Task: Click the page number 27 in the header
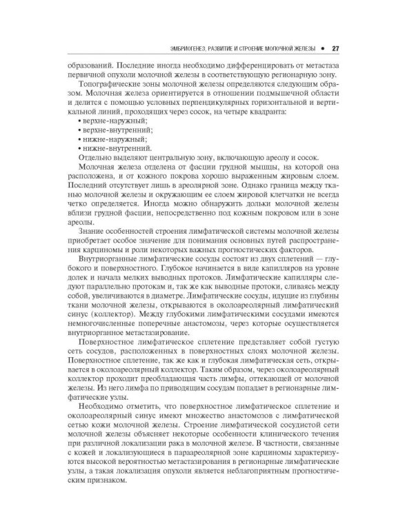[335, 49]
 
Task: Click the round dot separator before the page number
[322, 49]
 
